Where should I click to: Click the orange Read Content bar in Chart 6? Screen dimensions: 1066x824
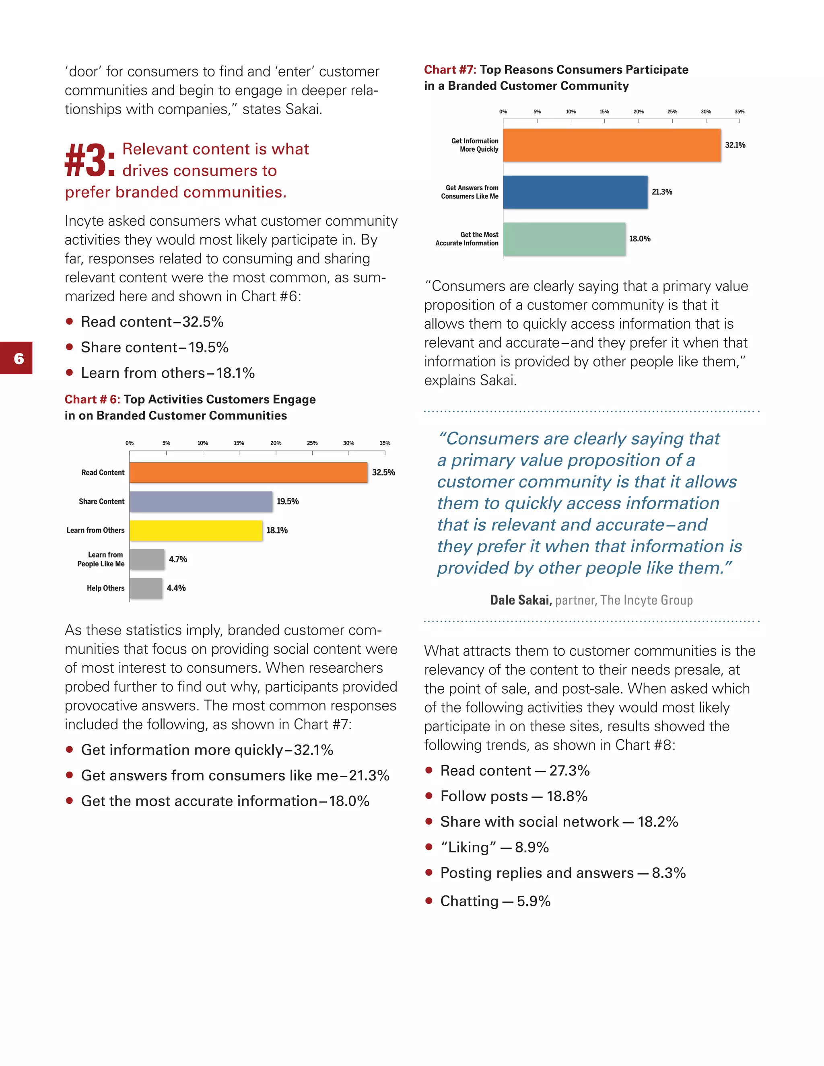coord(248,473)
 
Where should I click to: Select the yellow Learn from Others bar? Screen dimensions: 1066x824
coord(196,531)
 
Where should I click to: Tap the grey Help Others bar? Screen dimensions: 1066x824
coord(146,588)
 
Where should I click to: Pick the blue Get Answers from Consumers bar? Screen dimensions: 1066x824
coord(575,192)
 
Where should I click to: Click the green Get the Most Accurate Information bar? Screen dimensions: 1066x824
coord(564,239)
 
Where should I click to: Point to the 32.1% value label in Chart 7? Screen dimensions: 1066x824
coord(735,145)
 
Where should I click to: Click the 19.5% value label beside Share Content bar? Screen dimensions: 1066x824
coord(288,501)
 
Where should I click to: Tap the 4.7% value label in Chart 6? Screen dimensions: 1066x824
coord(178,560)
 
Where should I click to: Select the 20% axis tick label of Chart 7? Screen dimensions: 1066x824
coord(638,112)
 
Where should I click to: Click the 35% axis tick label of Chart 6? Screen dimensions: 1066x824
coord(385,443)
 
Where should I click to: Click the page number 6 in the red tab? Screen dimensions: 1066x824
coord(19,359)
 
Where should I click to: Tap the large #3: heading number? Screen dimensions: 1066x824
coord(90,160)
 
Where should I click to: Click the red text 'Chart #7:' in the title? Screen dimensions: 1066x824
coord(449,70)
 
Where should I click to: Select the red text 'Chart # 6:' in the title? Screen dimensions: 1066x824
coord(92,399)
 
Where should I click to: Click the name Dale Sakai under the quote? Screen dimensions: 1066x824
coord(520,600)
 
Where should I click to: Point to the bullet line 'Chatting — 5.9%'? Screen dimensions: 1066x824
coord(495,901)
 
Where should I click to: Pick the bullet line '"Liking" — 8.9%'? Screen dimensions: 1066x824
coord(494,847)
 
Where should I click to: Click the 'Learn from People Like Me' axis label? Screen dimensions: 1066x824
coord(101,560)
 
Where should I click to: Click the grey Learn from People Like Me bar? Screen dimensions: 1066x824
coord(147,560)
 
